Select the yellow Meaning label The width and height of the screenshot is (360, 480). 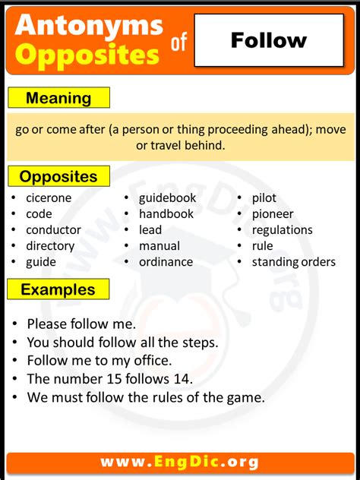coord(58,98)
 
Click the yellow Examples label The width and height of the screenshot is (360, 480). coord(58,289)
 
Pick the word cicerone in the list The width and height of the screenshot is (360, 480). coord(49,198)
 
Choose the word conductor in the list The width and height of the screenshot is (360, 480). coord(53,230)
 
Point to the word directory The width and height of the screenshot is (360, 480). coord(50,246)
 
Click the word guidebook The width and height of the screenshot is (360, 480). coord(167,198)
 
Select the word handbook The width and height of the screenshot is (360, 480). coord(166,214)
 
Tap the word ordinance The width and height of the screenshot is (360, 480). coord(166,262)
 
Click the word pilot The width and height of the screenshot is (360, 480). coord(264,198)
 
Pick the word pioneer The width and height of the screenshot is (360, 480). coord(273,214)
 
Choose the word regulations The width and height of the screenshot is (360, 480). coord(283,230)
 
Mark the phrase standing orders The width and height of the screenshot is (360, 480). coord(294,262)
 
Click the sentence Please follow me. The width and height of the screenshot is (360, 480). coord(81,324)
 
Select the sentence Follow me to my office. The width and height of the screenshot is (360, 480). coord(99,361)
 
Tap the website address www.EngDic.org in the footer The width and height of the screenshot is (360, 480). coord(179,462)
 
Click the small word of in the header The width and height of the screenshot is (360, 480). coord(178,45)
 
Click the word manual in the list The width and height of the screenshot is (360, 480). coord(159,246)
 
